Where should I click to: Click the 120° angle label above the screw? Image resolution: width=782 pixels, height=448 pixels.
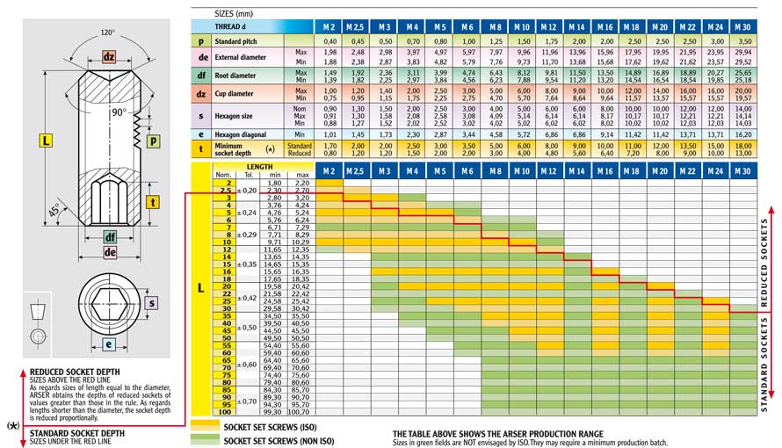pyautogui.click(x=108, y=33)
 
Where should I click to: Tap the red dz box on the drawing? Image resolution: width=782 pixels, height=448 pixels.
pyautogui.click(x=108, y=57)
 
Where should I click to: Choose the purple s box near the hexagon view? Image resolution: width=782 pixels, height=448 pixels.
pyautogui.click(x=150, y=303)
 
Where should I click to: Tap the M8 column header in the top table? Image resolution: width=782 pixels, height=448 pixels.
pyautogui.click(x=496, y=27)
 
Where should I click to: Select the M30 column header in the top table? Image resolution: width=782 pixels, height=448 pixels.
pyautogui.click(x=743, y=27)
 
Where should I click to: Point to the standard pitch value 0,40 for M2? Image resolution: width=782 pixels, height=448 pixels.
pyautogui.click(x=329, y=41)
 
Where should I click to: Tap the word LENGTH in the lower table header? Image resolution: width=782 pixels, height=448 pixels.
pyautogui.click(x=259, y=166)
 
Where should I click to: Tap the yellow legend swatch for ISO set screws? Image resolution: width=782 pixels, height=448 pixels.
pyautogui.click(x=204, y=426)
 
